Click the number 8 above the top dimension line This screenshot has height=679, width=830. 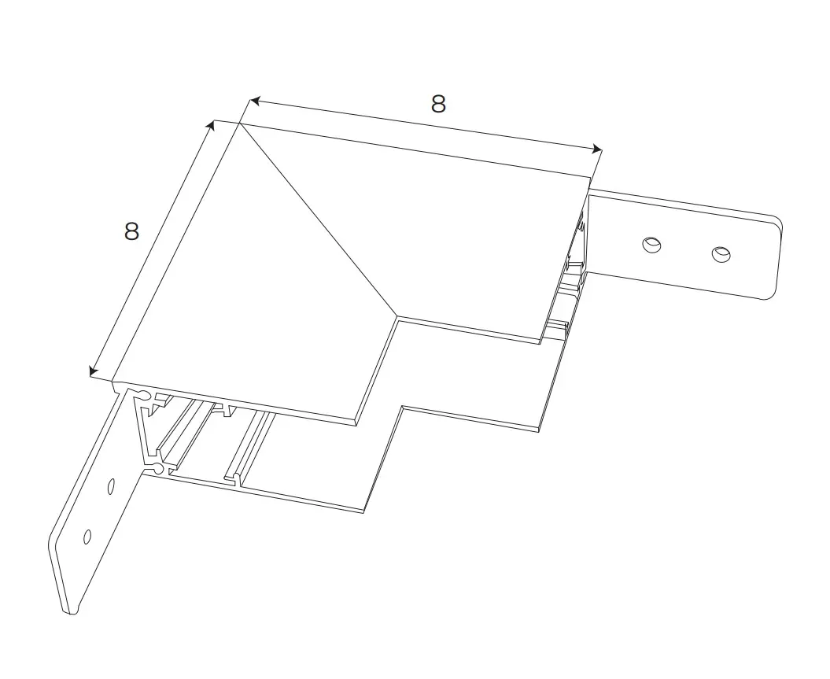438,105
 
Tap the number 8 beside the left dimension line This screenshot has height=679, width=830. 132,231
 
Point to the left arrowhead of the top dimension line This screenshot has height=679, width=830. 255,101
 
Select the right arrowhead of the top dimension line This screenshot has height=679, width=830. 598,149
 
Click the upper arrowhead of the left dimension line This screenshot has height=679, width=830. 211,125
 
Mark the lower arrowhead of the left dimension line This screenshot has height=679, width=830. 94,371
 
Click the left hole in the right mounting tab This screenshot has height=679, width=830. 652,245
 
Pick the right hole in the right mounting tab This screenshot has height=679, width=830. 721,254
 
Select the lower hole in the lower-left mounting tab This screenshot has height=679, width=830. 87,537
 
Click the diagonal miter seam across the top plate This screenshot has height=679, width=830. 318,220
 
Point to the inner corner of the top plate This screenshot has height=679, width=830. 397,318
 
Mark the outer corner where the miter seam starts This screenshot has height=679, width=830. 239,123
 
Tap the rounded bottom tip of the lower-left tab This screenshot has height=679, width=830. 72,612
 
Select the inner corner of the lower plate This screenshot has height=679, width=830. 403,407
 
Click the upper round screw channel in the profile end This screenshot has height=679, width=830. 143,393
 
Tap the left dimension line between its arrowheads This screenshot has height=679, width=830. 153,248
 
